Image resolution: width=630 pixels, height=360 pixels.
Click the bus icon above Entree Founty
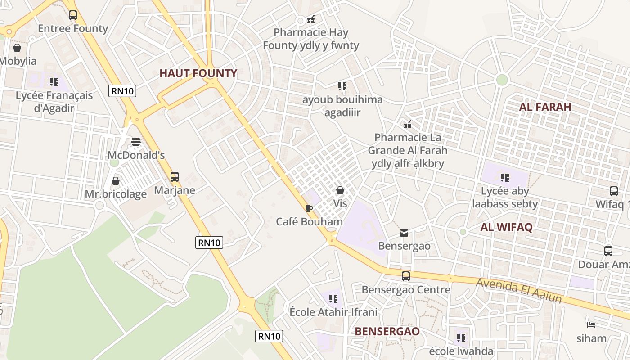click(73, 15)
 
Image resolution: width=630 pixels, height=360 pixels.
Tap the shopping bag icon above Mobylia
click(17, 47)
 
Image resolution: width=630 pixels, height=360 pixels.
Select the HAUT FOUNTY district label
click(198, 73)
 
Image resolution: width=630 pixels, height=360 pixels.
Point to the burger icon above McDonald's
click(136, 142)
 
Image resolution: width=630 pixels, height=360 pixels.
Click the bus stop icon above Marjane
click(175, 177)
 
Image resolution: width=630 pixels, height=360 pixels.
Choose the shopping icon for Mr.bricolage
click(116, 181)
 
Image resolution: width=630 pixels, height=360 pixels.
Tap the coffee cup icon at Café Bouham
click(309, 208)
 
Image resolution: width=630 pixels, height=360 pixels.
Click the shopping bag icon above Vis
click(340, 190)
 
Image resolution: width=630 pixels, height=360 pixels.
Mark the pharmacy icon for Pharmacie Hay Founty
click(310, 19)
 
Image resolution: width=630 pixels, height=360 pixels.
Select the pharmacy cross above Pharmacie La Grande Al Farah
click(408, 124)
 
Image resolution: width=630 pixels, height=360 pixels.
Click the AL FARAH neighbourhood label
click(545, 107)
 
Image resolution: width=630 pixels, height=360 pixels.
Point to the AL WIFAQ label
click(506, 227)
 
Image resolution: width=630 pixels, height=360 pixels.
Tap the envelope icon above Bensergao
click(404, 233)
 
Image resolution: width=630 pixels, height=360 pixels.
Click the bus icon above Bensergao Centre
click(406, 276)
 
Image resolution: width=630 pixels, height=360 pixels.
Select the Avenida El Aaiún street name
click(519, 290)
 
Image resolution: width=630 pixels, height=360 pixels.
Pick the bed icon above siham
click(591, 325)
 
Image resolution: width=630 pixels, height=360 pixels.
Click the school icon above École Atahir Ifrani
click(333, 298)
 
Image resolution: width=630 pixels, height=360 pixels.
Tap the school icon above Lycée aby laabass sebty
click(505, 178)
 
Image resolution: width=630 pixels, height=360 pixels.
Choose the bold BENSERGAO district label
click(387, 332)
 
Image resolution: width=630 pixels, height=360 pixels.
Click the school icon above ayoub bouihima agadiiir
click(342, 86)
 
